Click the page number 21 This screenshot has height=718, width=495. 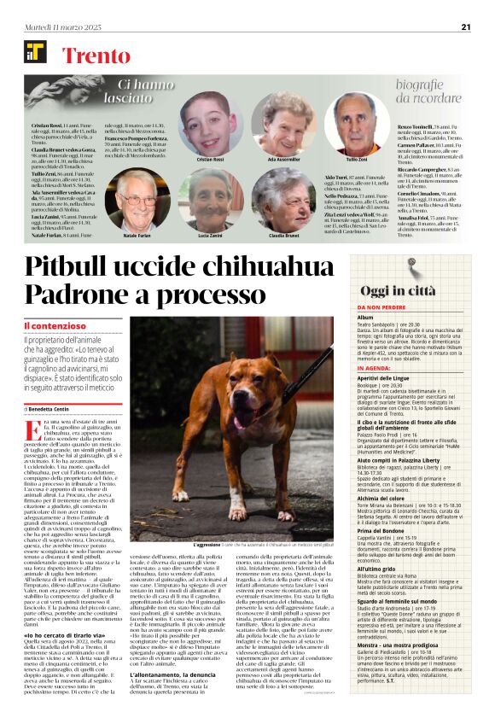click(466, 26)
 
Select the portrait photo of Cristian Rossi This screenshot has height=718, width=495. click(209, 123)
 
